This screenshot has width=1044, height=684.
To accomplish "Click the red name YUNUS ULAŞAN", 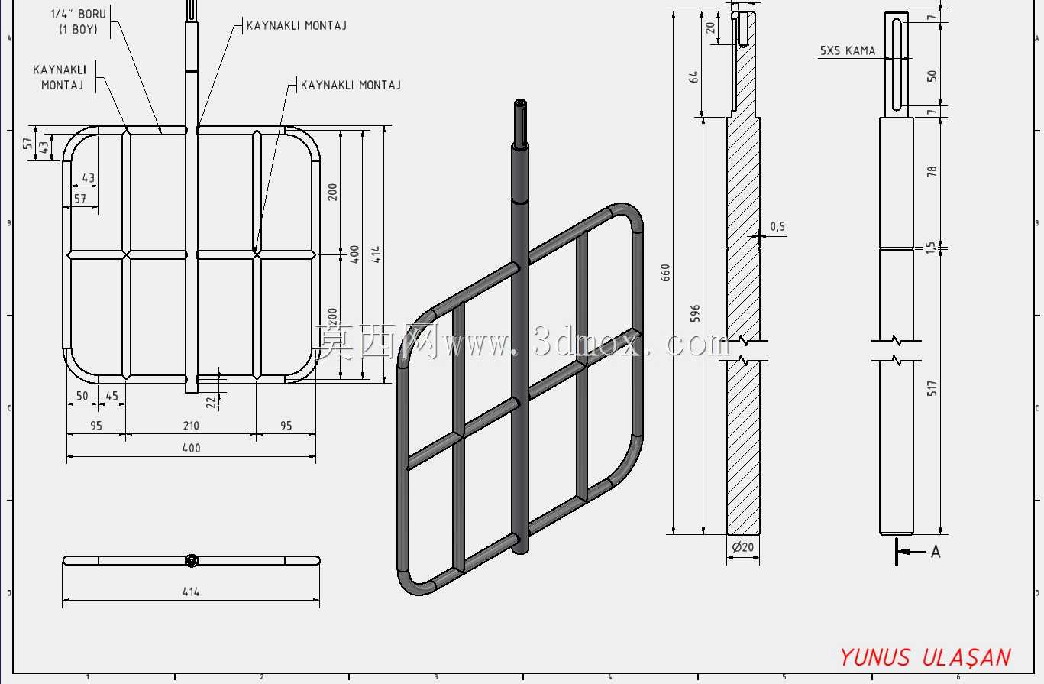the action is click(925, 657).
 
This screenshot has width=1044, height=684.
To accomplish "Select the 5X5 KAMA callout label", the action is click(848, 50).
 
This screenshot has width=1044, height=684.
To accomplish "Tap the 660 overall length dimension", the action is click(665, 272).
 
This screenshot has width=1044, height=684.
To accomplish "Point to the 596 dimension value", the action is click(695, 313).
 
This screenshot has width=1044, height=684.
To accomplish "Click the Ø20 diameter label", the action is click(742, 546).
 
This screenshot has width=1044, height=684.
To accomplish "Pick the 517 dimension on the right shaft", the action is click(932, 388).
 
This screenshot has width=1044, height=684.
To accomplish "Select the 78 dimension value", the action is click(932, 171).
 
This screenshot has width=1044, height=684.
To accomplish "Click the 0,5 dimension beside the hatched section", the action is click(777, 227).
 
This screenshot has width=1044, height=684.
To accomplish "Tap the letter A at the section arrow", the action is click(936, 552).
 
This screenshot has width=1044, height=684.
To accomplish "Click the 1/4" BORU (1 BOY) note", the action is click(79, 21).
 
